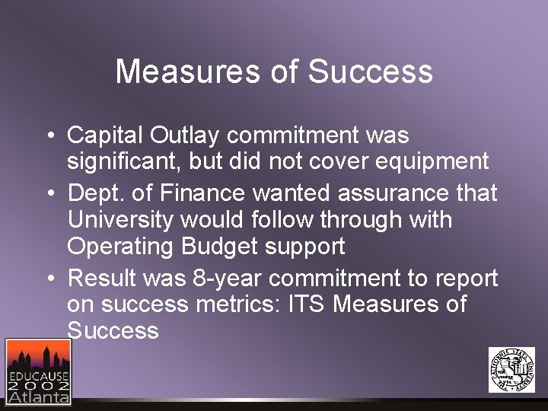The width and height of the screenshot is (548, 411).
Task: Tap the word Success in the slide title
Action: click(371, 72)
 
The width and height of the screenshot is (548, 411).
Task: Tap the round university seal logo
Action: click(511, 370)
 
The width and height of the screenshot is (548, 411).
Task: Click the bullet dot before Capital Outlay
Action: click(49, 137)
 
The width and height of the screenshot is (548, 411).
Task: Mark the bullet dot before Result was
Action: click(49, 279)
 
